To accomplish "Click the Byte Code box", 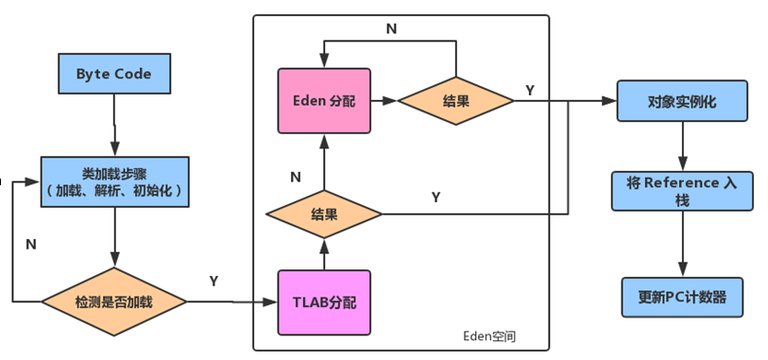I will [113, 73].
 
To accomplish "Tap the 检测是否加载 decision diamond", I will [113, 301].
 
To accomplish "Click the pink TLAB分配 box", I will [323, 302].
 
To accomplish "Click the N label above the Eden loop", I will [391, 28].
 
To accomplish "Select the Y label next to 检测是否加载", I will [213, 281].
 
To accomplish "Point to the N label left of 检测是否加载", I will [31, 243].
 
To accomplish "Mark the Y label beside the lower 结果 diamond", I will [435, 197].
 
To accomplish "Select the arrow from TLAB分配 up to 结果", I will [324, 253].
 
